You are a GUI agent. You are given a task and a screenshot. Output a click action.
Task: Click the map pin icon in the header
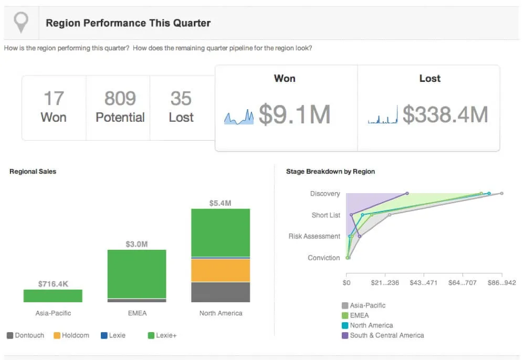[x=20, y=23]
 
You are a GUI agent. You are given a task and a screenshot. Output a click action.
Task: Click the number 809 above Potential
[x=120, y=98]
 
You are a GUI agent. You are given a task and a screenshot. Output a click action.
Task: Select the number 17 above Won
[x=54, y=98]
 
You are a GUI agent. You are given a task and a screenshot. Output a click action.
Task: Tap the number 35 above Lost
[x=181, y=98]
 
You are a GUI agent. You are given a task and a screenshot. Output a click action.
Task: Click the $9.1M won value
[x=294, y=114]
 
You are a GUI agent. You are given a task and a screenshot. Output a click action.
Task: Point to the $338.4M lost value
[x=445, y=114]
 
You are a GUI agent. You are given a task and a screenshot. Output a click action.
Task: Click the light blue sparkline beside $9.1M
[x=239, y=118]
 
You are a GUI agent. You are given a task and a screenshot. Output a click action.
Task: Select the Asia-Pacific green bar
[x=53, y=295]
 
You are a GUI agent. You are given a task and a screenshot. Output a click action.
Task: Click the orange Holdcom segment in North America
[x=220, y=270]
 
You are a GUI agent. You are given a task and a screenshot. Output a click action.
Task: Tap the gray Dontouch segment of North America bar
[x=220, y=292]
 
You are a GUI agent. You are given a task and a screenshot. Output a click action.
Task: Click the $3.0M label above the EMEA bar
[x=136, y=244]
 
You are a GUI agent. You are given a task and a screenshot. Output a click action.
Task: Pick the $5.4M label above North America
[x=220, y=203]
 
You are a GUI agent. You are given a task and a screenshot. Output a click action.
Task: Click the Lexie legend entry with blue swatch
[x=113, y=335]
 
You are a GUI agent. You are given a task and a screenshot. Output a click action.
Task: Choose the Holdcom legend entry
[x=71, y=335]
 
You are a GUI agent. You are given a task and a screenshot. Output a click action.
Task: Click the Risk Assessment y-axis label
[x=314, y=236]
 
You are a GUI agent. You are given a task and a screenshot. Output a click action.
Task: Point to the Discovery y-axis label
[x=325, y=194]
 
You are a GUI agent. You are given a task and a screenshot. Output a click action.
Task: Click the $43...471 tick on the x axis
[x=424, y=283]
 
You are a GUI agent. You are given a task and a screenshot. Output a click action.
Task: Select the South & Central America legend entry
[x=383, y=335]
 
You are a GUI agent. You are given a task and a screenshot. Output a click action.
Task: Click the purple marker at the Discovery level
[x=407, y=194]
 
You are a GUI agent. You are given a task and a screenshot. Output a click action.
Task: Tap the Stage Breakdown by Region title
[x=330, y=171]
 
